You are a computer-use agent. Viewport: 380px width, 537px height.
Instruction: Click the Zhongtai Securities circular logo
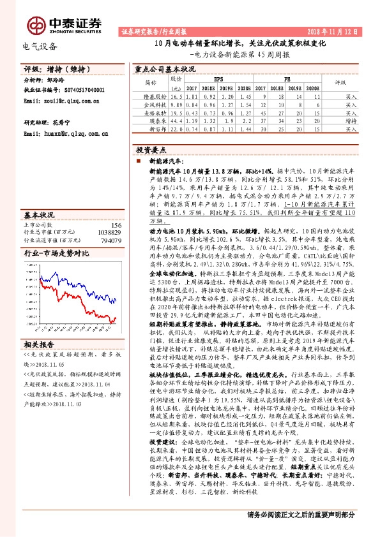[x=36, y=24]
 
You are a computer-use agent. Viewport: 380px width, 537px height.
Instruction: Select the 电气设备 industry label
[x=40, y=46]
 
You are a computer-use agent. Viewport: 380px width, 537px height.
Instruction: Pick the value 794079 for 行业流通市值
[x=112, y=241]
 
